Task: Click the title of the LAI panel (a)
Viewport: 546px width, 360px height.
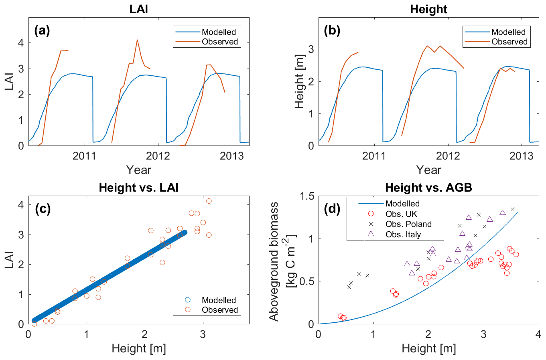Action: click(139, 9)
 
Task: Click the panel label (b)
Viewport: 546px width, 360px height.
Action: click(332, 31)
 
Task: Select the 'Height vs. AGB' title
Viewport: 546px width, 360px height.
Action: click(428, 187)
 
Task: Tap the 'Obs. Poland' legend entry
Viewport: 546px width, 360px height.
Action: click(408, 224)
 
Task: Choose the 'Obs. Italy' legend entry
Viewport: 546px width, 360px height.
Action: click(403, 235)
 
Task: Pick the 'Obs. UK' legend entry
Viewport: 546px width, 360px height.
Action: click(401, 214)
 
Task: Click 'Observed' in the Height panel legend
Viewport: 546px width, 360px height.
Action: click(509, 42)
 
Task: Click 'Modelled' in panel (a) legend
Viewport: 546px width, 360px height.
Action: click(219, 32)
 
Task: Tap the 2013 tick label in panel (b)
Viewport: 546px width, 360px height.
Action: click(521, 156)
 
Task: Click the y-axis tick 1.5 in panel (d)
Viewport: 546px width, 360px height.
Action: click(307, 196)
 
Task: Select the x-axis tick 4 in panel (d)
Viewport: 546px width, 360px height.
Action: click(538, 334)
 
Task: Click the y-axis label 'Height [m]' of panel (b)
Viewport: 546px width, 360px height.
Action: click(300, 82)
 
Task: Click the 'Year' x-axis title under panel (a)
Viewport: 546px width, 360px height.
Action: click(139, 170)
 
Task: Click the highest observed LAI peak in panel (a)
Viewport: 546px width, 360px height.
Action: click(137, 40)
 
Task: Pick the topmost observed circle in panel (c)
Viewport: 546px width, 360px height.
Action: click(209, 201)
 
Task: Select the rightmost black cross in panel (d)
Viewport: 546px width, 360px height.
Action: click(512, 209)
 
